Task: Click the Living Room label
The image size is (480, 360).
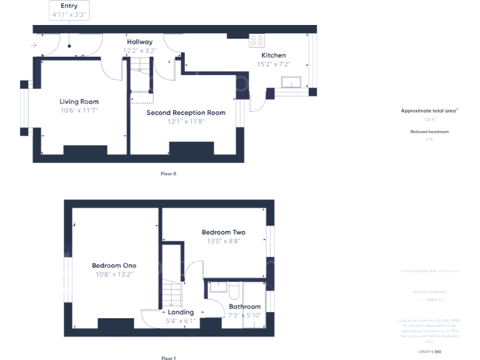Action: coord(79,101)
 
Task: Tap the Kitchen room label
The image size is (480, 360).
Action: coord(273,55)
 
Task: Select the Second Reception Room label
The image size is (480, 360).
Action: coord(186,112)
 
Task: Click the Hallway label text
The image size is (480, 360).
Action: coord(139,42)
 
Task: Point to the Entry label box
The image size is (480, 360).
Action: coord(69,9)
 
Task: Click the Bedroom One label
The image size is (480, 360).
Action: coord(114,265)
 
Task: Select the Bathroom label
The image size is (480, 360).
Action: coord(244,307)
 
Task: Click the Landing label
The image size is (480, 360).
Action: coord(181,312)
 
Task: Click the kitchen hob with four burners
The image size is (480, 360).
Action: coord(257,41)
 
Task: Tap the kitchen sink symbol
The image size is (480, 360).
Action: coord(291,82)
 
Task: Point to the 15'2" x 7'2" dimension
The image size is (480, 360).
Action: coord(273,64)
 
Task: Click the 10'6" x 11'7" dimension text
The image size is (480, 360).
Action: coord(79,110)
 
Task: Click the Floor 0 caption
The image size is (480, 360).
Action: coord(168,173)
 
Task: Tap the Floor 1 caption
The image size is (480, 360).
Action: coord(168,358)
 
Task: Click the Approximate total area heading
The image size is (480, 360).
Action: coord(429,111)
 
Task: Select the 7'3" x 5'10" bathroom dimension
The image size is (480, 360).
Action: coord(244,316)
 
